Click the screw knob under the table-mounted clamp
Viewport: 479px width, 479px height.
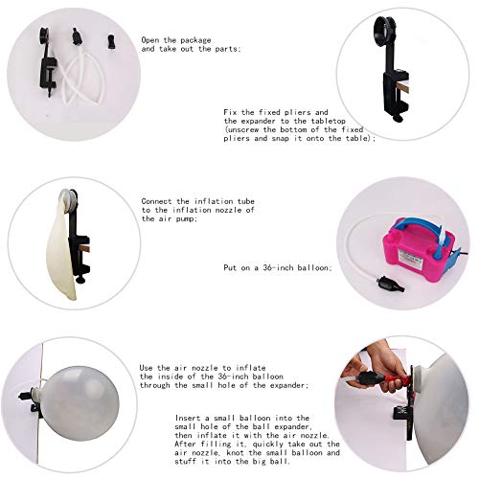click(x=399, y=113)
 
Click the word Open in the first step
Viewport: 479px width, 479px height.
click(x=151, y=39)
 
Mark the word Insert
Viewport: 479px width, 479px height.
click(x=191, y=418)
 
